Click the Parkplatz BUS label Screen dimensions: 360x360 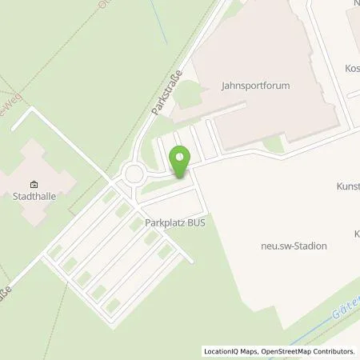pos(174,224)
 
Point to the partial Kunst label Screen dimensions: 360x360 pos(348,186)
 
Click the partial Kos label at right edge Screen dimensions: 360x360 pos(352,69)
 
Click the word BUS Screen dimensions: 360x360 pos(194,224)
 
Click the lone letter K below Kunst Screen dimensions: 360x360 pos(356,234)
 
